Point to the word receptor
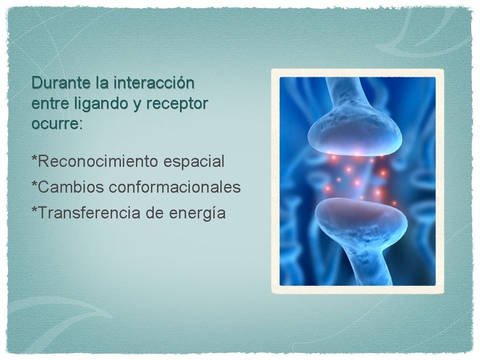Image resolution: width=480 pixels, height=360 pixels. pyautogui.click(x=176, y=104)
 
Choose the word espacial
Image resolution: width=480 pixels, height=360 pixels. pyautogui.click(x=194, y=161)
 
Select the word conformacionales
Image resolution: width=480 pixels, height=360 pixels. pyautogui.click(x=174, y=187)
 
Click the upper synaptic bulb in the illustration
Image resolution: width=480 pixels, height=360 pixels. pyautogui.click(x=354, y=133)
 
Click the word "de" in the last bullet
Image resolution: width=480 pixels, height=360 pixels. pyautogui.click(x=154, y=213)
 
